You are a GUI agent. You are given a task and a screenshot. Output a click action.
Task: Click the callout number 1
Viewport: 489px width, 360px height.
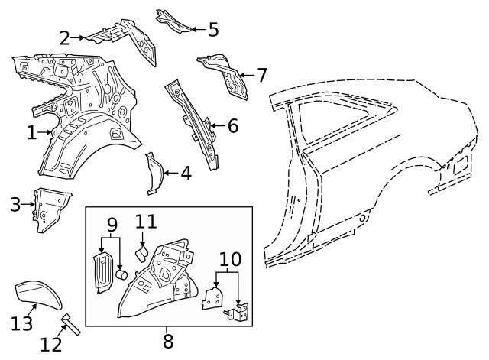click(31, 133)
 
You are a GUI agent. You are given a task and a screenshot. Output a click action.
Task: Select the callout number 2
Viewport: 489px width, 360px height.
click(65, 37)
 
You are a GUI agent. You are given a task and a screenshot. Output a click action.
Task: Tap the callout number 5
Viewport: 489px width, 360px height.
click(213, 30)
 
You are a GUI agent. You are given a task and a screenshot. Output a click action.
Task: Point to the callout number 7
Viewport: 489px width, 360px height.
click(262, 76)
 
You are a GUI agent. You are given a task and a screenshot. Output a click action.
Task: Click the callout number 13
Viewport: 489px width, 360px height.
click(22, 323)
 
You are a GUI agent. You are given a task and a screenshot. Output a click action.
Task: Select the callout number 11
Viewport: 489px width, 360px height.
click(146, 222)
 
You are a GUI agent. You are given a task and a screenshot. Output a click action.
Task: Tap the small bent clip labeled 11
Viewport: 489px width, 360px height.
click(141, 251)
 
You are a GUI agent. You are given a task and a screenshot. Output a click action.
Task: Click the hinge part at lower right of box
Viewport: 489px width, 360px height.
click(239, 312)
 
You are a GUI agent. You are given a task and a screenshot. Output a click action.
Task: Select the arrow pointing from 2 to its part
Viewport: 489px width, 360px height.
click(79, 37)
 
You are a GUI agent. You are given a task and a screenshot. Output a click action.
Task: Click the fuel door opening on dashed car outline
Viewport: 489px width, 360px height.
click(458, 163)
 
